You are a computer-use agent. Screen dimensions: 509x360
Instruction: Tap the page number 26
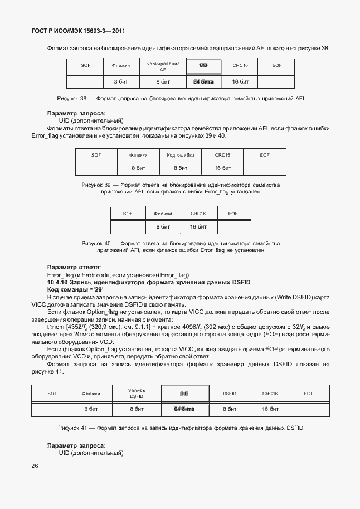[35, 466]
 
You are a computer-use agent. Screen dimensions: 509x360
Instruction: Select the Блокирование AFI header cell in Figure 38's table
[163, 67]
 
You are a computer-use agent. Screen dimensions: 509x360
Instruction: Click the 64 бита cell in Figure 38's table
[203, 82]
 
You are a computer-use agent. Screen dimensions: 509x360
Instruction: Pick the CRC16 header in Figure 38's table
[240, 66]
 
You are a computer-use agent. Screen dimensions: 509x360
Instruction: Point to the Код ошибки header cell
[179, 155]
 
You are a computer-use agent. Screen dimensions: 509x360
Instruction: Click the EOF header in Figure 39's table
[264, 155]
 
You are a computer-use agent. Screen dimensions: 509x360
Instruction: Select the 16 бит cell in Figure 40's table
[198, 227]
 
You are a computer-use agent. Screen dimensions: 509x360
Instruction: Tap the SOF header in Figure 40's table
[128, 214]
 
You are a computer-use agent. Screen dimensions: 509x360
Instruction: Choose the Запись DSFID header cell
[137, 394]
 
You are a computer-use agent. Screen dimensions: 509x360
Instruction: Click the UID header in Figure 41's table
[184, 394]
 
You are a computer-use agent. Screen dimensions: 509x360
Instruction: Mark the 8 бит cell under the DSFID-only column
[229, 409]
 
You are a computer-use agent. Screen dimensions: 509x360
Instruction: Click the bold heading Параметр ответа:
[74, 267]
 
